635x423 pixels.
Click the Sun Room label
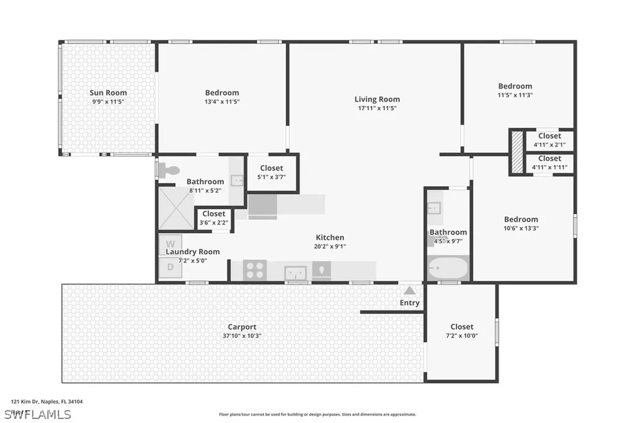point(108,93)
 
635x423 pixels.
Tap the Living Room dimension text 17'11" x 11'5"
point(377,108)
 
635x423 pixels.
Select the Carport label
point(242,327)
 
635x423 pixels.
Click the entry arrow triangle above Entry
point(409,290)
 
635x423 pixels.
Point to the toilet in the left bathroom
point(168,169)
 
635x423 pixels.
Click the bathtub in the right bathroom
point(448,269)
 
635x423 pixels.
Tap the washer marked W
point(170,243)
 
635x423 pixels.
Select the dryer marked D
point(170,267)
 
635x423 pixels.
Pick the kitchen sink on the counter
point(296,272)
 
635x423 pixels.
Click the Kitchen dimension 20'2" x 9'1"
point(330,246)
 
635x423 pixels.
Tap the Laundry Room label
point(192,252)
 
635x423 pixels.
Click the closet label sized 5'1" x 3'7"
point(271,168)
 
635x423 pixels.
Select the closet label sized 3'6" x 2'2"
point(214,214)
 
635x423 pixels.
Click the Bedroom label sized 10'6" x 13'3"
point(521,219)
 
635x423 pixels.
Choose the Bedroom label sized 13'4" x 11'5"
point(221,93)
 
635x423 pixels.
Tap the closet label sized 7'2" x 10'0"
point(461,327)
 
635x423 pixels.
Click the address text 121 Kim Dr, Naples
point(47,401)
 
